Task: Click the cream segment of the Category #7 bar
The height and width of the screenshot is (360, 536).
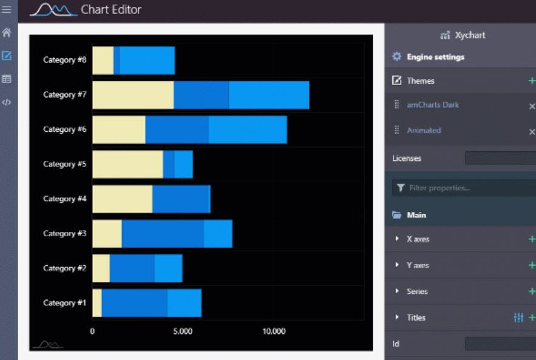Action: click(133, 95)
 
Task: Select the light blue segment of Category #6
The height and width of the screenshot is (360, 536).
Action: click(247, 130)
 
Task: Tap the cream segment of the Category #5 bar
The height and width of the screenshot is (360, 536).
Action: click(127, 165)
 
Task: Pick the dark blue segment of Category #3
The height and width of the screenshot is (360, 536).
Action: click(162, 234)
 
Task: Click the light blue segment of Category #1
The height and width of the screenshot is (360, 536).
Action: click(184, 303)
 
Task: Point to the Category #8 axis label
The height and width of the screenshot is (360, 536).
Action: click(64, 60)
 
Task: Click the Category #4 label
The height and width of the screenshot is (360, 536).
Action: click(64, 199)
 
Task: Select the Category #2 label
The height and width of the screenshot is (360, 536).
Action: click(64, 268)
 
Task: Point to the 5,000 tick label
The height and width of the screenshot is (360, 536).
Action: click(182, 331)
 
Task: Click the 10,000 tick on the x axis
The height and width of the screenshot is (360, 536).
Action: click(274, 331)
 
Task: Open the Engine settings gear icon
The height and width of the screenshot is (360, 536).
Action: click(396, 57)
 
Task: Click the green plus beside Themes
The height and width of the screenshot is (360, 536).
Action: click(532, 81)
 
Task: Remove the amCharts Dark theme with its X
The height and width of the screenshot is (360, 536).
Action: click(532, 106)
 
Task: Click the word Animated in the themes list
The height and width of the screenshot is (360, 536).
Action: click(424, 131)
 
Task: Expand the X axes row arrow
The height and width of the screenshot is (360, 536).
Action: click(397, 239)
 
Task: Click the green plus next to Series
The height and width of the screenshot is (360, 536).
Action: click(532, 291)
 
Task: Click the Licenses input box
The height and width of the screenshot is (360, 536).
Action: click(500, 158)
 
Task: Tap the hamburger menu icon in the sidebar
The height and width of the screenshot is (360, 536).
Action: click(7, 10)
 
